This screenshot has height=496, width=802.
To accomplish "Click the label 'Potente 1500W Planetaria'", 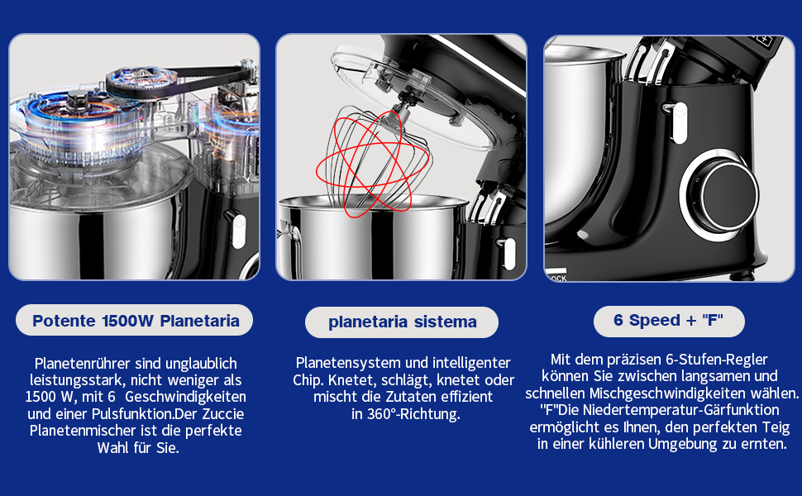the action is point(136,321).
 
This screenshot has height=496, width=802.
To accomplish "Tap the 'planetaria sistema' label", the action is point(402,322).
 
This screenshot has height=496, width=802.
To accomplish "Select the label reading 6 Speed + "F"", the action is point(668,320).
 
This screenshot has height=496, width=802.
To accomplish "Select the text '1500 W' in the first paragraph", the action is point(49,397).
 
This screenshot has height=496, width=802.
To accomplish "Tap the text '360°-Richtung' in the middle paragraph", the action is point(413,414).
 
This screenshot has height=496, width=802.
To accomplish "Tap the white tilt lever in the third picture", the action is point(679,122).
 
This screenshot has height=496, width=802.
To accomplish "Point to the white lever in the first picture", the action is point(238,231).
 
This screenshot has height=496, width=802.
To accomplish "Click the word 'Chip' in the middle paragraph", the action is point(308,380).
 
